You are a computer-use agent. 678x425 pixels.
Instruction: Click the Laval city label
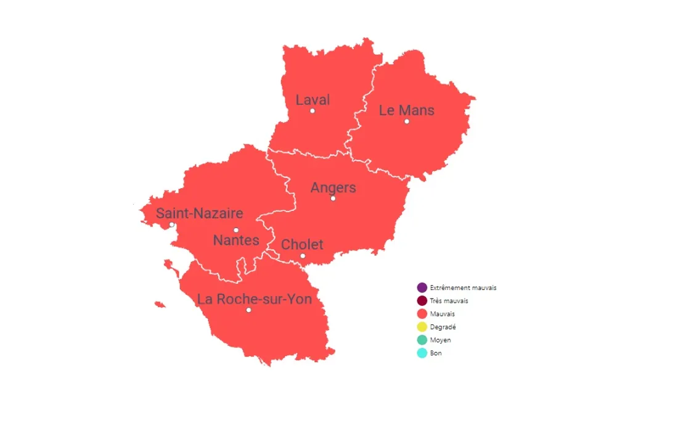312,100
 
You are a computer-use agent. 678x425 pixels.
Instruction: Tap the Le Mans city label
406,110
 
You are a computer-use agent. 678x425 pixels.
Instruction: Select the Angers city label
333,188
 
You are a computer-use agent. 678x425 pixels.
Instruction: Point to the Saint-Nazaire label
199,213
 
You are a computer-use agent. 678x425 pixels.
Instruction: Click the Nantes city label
236,241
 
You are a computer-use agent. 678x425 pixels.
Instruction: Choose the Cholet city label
302,245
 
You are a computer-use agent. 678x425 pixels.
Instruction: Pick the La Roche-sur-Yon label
254,299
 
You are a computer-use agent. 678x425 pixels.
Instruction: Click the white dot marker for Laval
312,111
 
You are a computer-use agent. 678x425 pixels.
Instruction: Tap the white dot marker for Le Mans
407,122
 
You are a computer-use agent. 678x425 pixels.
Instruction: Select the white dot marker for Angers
333,199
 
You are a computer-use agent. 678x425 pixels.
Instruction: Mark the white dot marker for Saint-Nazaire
172,225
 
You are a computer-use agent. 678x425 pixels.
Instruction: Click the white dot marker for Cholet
303,256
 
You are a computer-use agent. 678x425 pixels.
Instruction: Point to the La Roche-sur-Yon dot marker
248,310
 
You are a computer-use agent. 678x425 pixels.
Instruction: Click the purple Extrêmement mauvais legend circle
422,288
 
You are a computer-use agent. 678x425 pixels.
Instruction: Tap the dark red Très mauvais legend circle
422,301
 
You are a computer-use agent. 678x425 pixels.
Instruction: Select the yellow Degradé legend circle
422,327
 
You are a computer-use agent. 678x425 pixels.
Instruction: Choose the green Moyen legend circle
422,340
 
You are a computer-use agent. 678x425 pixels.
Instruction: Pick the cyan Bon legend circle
422,353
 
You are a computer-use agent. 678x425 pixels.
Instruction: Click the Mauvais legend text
442,315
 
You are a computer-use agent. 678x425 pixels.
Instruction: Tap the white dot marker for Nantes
236,230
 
